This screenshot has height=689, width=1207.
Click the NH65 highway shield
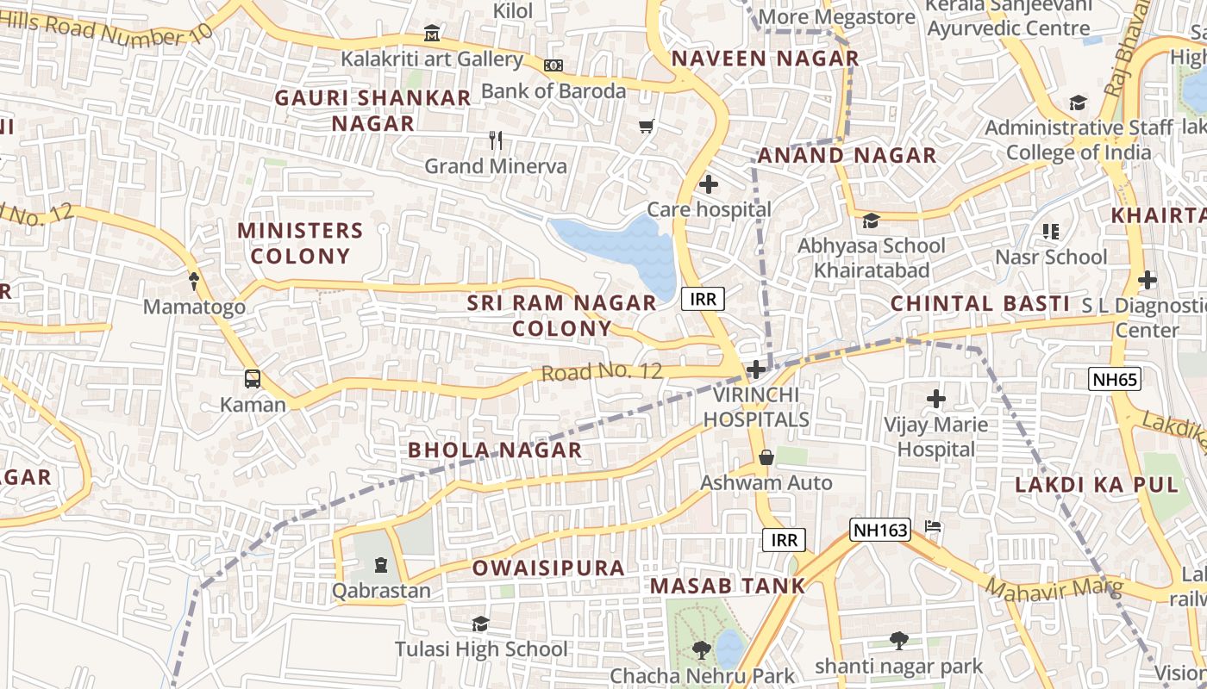[x=1114, y=379]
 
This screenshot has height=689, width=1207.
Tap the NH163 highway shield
[x=880, y=530]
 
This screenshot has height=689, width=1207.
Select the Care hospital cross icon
[x=709, y=184]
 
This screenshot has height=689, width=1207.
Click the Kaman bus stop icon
[x=253, y=379]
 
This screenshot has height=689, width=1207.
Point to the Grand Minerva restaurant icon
[x=496, y=140]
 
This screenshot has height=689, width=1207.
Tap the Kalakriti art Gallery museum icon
[x=432, y=34]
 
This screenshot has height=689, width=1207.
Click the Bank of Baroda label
[x=553, y=91]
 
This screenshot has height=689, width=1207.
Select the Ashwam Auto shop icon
[x=766, y=457]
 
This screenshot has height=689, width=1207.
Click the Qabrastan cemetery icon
[x=381, y=566]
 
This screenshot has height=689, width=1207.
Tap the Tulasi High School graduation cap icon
[x=480, y=624]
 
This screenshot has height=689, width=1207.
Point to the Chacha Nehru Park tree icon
[x=702, y=650]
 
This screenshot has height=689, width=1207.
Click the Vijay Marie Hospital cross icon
[x=936, y=399]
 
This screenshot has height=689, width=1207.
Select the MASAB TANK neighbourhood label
[x=728, y=587]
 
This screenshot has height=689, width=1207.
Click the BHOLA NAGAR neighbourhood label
[x=495, y=450]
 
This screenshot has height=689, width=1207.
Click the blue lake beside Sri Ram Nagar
[x=621, y=250]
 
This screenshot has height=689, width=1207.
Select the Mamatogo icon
[x=194, y=281]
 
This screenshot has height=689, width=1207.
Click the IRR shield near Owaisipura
[x=784, y=540]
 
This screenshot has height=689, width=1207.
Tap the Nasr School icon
[x=1050, y=232]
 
